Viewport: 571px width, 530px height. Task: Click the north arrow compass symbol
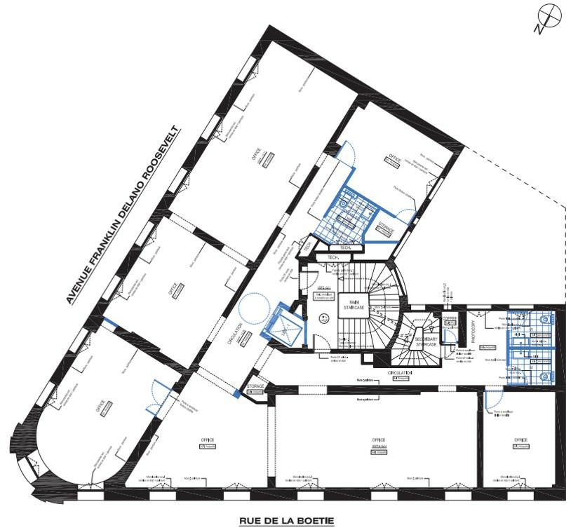click(549, 18)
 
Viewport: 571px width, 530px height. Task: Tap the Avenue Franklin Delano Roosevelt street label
click(124, 215)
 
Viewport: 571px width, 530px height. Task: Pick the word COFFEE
click(450, 318)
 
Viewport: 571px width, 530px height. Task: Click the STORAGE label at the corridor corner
click(255, 386)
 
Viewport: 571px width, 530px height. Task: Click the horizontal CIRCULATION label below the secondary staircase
click(401, 373)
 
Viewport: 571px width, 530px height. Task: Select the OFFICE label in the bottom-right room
click(520, 440)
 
